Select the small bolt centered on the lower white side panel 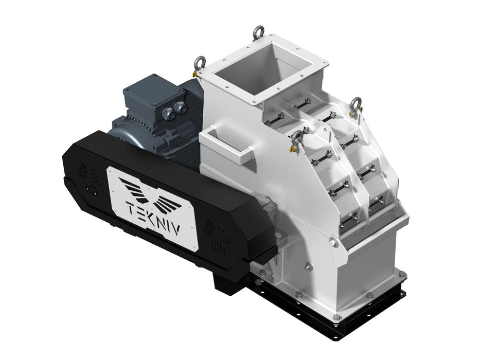point(308,266)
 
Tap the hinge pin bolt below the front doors point(335,240)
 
